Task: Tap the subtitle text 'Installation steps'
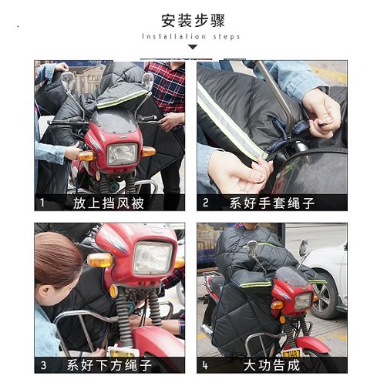tap(192, 37)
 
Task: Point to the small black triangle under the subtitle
tap(193, 49)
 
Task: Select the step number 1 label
tap(43, 204)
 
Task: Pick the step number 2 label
tap(205, 204)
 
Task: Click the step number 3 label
tap(43, 364)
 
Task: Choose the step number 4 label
tap(205, 364)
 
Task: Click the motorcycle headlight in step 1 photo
tap(121, 153)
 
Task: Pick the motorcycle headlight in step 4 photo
tap(302, 300)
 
